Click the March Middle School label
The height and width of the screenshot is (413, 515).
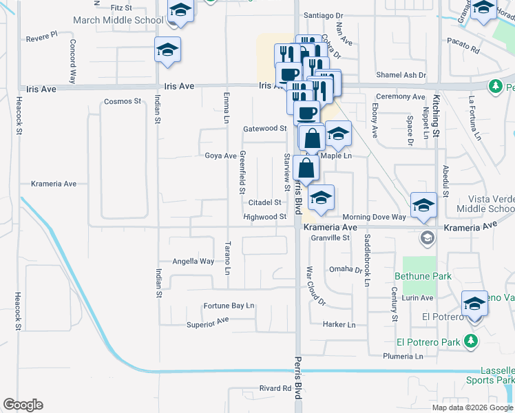(128, 20)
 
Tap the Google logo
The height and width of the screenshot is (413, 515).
(23, 405)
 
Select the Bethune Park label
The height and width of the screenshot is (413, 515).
(423, 276)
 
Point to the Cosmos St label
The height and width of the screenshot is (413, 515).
(122, 101)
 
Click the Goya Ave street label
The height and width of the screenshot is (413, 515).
(220, 156)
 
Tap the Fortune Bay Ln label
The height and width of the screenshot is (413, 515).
(229, 306)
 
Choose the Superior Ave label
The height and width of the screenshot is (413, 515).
(207, 322)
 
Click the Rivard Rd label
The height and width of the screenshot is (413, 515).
(275, 388)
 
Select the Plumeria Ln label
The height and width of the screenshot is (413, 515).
(403, 357)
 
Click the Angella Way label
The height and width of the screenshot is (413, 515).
(193, 262)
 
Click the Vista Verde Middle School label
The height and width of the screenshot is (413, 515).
(485, 203)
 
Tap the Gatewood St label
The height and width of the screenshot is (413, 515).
(264, 129)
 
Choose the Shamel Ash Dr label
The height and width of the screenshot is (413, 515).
(401, 75)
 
